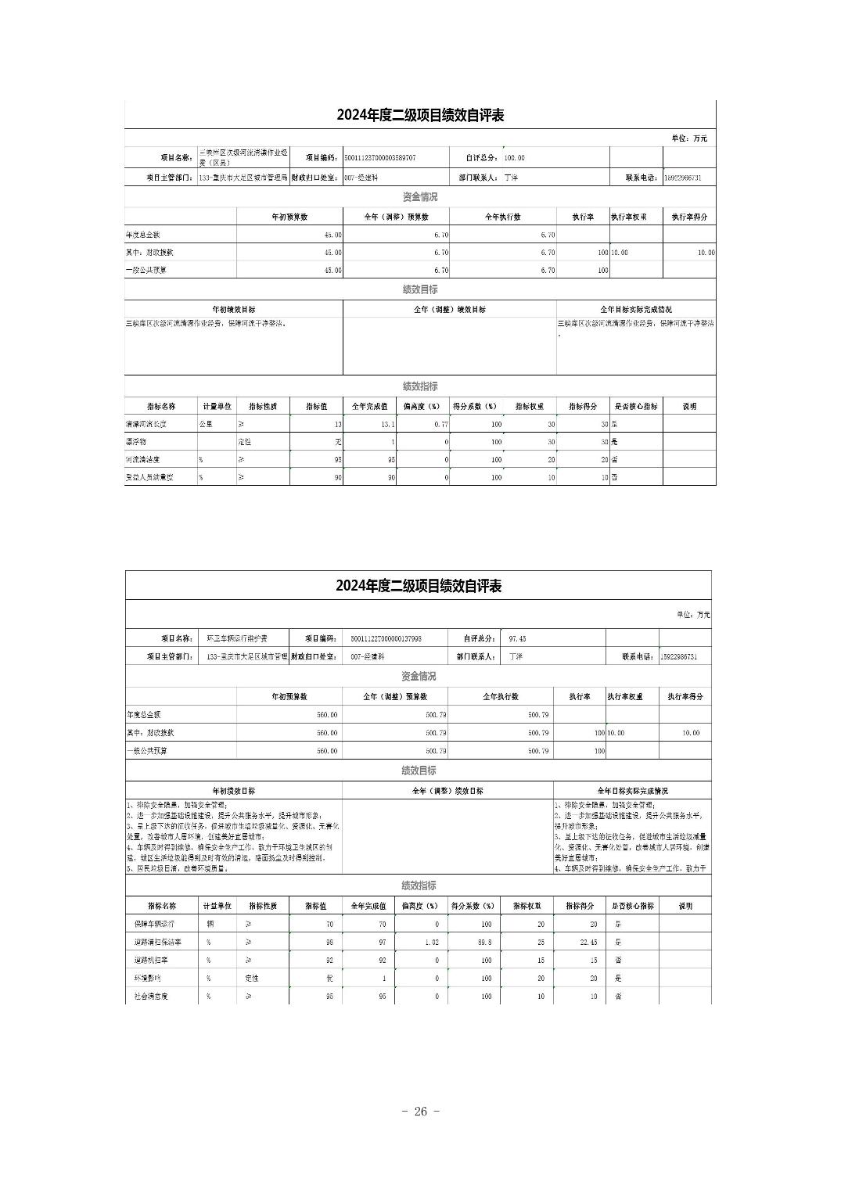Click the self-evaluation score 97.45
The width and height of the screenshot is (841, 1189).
(517, 639)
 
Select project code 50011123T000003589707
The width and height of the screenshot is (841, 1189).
(380, 158)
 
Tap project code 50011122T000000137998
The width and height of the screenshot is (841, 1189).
(386, 639)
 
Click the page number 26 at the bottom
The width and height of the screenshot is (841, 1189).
(420, 1112)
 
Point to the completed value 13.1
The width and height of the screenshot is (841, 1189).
(387, 424)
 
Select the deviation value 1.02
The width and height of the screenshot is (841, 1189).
(432, 943)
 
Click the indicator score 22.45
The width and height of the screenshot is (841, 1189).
(589, 943)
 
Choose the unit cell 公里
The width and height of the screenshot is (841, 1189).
(206, 424)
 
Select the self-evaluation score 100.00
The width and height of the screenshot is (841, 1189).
(514, 158)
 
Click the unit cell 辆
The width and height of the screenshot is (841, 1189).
(210, 924)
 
